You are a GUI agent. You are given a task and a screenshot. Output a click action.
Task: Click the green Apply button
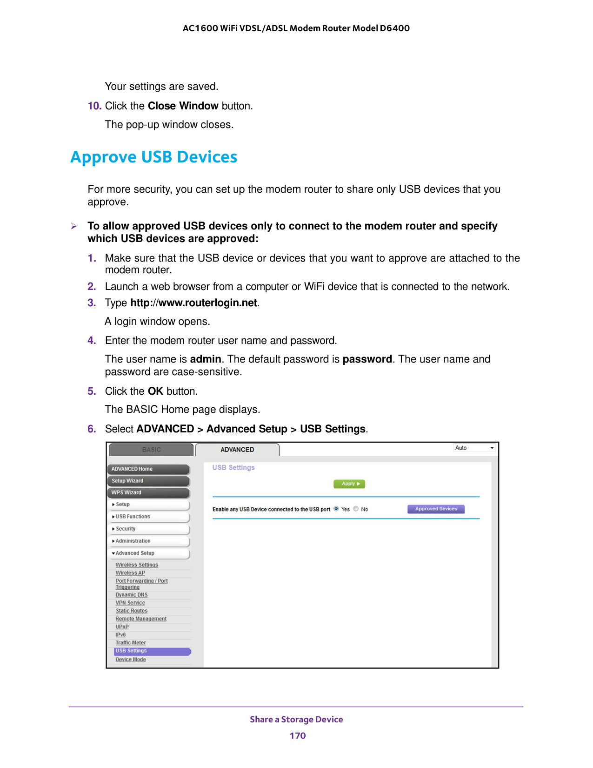tap(349, 484)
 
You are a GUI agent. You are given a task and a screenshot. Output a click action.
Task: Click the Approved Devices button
tap(436, 509)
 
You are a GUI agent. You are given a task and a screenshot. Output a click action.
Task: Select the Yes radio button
tap(336, 509)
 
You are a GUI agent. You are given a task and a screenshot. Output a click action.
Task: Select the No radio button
tap(356, 509)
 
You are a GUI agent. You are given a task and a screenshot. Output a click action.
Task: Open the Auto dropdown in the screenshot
tap(474, 448)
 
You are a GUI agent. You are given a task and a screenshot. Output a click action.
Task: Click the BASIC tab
tap(151, 450)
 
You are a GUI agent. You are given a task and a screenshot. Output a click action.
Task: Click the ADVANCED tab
tap(237, 450)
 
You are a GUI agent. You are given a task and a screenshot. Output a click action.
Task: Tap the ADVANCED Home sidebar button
tap(148, 469)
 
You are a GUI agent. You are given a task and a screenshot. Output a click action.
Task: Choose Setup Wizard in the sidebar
tap(148, 481)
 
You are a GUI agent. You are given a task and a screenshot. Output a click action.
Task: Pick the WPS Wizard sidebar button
tap(148, 492)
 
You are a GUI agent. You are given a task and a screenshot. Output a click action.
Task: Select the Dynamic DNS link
tap(132, 595)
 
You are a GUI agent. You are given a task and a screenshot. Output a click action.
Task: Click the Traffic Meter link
tap(131, 643)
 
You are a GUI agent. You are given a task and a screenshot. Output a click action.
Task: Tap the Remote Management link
tap(141, 619)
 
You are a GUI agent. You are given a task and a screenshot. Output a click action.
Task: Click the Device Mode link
tap(131, 660)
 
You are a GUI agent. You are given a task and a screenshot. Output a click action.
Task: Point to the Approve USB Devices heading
tap(154, 157)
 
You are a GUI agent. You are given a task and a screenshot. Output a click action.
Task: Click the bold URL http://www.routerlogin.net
tap(194, 303)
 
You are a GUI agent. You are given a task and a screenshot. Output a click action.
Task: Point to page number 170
tap(298, 736)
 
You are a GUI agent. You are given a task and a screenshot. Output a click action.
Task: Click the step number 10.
tap(94, 106)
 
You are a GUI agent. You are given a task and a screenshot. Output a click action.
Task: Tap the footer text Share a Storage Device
tap(296, 720)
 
